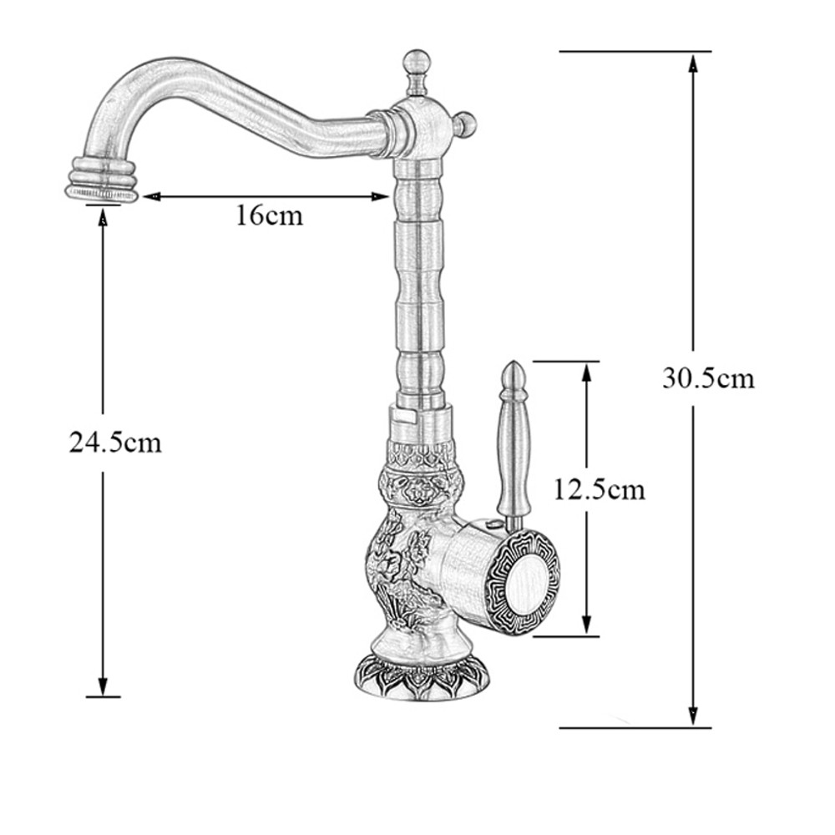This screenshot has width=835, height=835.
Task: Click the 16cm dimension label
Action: click(267, 216)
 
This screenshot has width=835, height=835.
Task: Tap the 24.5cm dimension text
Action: click(114, 443)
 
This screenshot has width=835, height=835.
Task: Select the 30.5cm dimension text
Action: click(708, 378)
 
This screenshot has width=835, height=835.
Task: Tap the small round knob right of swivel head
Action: click(467, 124)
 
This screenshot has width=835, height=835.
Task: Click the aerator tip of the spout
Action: click(102, 193)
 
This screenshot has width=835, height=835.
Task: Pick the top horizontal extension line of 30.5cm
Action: click(635, 51)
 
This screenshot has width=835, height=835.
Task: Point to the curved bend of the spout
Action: click(125, 92)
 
